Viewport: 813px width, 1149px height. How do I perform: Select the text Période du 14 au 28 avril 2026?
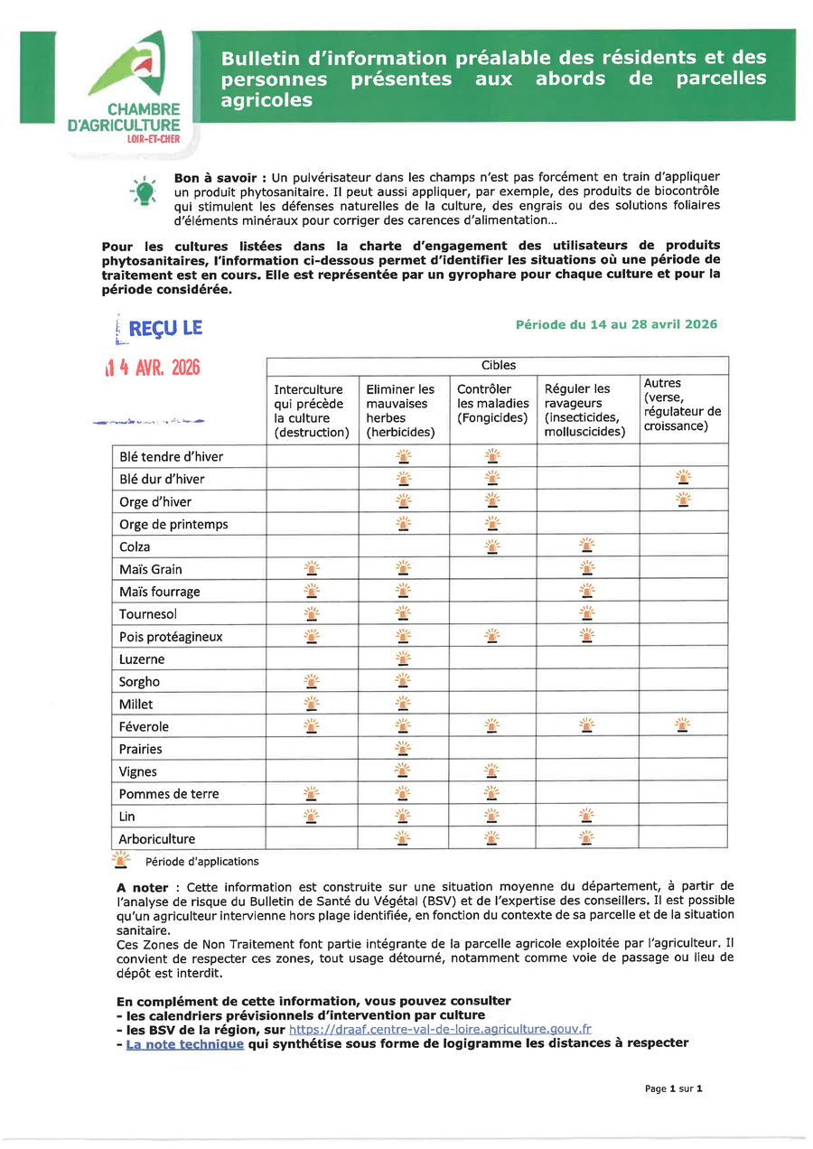pyautogui.click(x=616, y=324)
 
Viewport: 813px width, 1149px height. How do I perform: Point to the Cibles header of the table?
pyautogui.click(x=498, y=365)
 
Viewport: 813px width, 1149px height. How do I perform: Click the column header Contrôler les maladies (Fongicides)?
pyautogui.click(x=492, y=404)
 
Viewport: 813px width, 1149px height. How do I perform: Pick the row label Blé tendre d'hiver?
pyautogui.click(x=171, y=456)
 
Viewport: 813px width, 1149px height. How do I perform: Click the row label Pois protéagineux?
pyautogui.click(x=171, y=637)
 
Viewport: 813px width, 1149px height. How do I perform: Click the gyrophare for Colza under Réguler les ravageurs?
pyautogui.click(x=587, y=545)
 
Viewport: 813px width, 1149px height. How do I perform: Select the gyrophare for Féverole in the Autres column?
pyautogui.click(x=683, y=724)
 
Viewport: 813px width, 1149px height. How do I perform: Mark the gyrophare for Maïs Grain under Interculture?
pyautogui.click(x=312, y=568)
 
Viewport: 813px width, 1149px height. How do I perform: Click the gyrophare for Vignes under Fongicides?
pyautogui.click(x=492, y=771)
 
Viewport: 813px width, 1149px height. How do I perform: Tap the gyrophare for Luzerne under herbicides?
pyautogui.click(x=403, y=659)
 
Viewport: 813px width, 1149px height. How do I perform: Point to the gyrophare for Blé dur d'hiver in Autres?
pyautogui.click(x=684, y=477)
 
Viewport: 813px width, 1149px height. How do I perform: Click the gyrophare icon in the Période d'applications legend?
pyautogui.click(x=120, y=860)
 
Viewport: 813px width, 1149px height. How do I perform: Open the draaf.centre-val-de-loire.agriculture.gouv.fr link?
pyautogui.click(x=440, y=1028)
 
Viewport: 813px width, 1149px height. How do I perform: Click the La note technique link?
pyautogui.click(x=184, y=1043)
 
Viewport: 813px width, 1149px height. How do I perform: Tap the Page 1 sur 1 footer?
pyautogui.click(x=673, y=1088)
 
